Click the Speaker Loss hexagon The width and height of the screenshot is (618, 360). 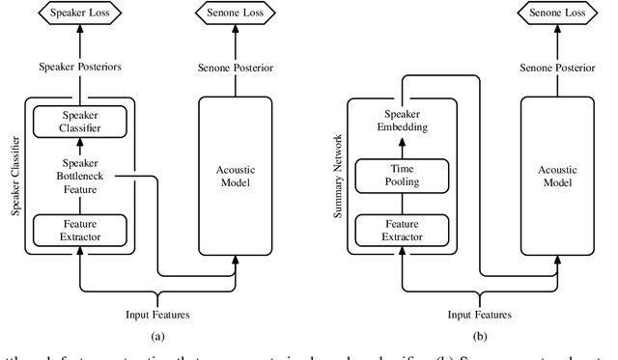[72, 14]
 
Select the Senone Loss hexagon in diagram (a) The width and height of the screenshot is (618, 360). [238, 14]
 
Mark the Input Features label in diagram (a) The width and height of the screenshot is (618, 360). [155, 314]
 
